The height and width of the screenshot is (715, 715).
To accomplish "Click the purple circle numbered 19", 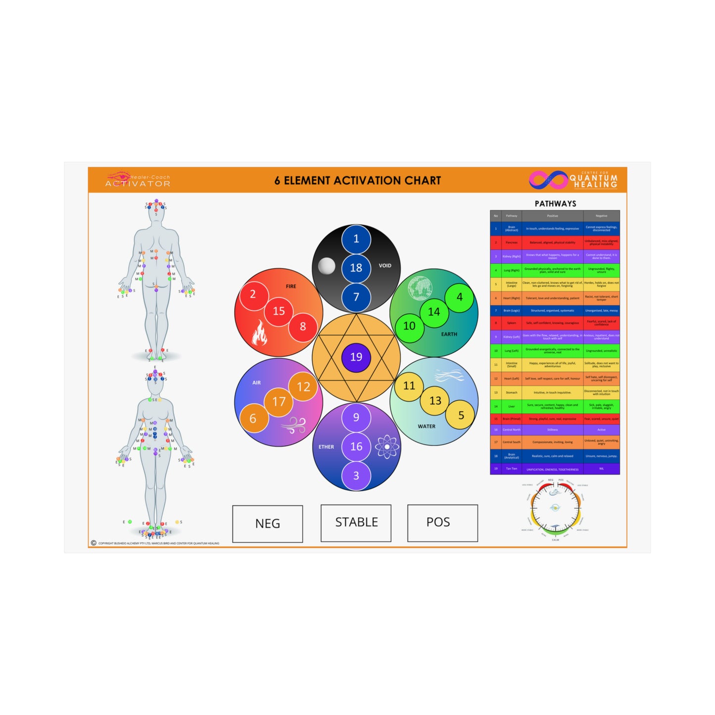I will coord(356,357).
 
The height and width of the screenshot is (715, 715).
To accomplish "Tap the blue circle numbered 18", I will coord(356,268).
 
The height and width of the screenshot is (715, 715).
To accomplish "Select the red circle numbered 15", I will coord(279,311).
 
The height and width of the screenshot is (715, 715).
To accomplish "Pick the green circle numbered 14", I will coord(434,312).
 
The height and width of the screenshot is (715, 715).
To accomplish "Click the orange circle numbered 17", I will coord(279,402).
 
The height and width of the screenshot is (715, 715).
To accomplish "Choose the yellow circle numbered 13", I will coord(435,401).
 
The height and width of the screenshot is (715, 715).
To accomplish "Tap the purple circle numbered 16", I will coord(356,446).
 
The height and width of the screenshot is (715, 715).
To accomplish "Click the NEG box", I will coord(268,524).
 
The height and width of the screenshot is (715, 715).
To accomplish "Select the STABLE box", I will coord(356,523).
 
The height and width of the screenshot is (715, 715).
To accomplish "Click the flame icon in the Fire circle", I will coord(259,333).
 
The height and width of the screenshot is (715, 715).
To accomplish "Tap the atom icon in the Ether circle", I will coord(387,447).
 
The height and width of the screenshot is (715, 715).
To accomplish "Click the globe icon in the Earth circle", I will coord(420,288).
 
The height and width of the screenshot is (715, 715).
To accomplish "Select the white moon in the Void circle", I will coord(327,266).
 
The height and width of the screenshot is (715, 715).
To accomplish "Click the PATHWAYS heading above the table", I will coord(555,204).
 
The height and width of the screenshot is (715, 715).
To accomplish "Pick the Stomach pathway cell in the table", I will coord(511,393).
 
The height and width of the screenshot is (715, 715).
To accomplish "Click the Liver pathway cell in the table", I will coord(511,407).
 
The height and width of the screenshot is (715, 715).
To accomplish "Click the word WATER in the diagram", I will coord(427,427).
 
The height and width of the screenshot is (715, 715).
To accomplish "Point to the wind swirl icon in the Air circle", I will coord(295,425).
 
